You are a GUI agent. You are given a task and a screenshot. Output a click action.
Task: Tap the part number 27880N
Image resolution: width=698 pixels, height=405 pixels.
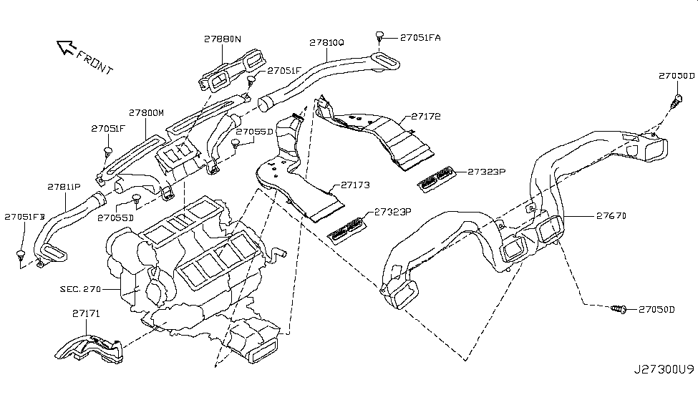click(223, 39)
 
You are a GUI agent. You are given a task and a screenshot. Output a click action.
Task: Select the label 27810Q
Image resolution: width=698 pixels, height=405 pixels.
click(326, 42)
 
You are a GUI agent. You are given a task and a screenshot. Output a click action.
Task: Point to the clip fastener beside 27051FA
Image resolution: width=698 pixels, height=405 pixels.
click(379, 35)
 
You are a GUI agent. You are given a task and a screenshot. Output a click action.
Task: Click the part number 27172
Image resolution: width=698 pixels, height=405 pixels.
click(425, 116)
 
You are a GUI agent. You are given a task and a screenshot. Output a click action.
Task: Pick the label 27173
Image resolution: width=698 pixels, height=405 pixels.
click(355, 185)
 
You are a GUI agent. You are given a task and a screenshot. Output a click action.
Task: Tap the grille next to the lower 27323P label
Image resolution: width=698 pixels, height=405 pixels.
click(347, 230)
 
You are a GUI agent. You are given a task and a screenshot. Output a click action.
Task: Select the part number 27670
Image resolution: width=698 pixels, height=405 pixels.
click(611, 216)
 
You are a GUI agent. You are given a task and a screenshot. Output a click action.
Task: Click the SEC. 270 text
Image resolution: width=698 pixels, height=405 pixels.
click(81, 289)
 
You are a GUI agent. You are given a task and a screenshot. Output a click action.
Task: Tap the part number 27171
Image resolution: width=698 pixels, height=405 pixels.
click(86, 313)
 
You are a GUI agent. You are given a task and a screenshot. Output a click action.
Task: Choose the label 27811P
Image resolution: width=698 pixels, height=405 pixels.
click(64, 187)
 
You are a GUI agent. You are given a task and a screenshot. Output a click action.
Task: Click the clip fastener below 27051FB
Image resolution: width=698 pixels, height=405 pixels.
click(21, 256)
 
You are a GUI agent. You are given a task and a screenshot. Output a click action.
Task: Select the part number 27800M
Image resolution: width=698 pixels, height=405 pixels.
click(147, 112)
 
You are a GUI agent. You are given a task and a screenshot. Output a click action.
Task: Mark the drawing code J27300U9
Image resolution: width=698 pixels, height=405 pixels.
click(664, 369)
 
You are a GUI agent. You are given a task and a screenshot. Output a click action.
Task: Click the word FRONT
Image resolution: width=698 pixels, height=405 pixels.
click(94, 62)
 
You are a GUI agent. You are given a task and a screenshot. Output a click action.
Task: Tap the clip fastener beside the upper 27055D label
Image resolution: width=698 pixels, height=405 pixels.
click(236, 143)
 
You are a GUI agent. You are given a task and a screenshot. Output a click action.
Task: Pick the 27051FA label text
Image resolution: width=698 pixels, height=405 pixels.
click(420, 37)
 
